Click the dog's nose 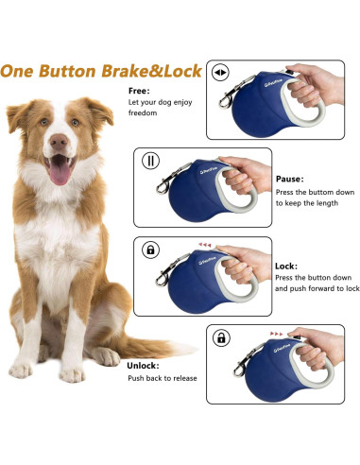click(59, 142)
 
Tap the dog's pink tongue click(60, 173)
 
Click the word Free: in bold click(139, 91)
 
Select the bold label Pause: click(290, 179)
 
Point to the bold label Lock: click(286, 267)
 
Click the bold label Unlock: click(143, 366)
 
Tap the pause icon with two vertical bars click(151, 161)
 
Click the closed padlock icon click(151, 250)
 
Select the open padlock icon click(221, 338)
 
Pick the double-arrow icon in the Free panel click(220, 72)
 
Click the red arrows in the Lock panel click(205, 245)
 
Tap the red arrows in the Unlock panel click(277, 334)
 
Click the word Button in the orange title click(67, 71)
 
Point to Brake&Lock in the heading click(151, 71)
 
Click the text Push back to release click(163, 378)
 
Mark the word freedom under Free click(143, 113)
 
